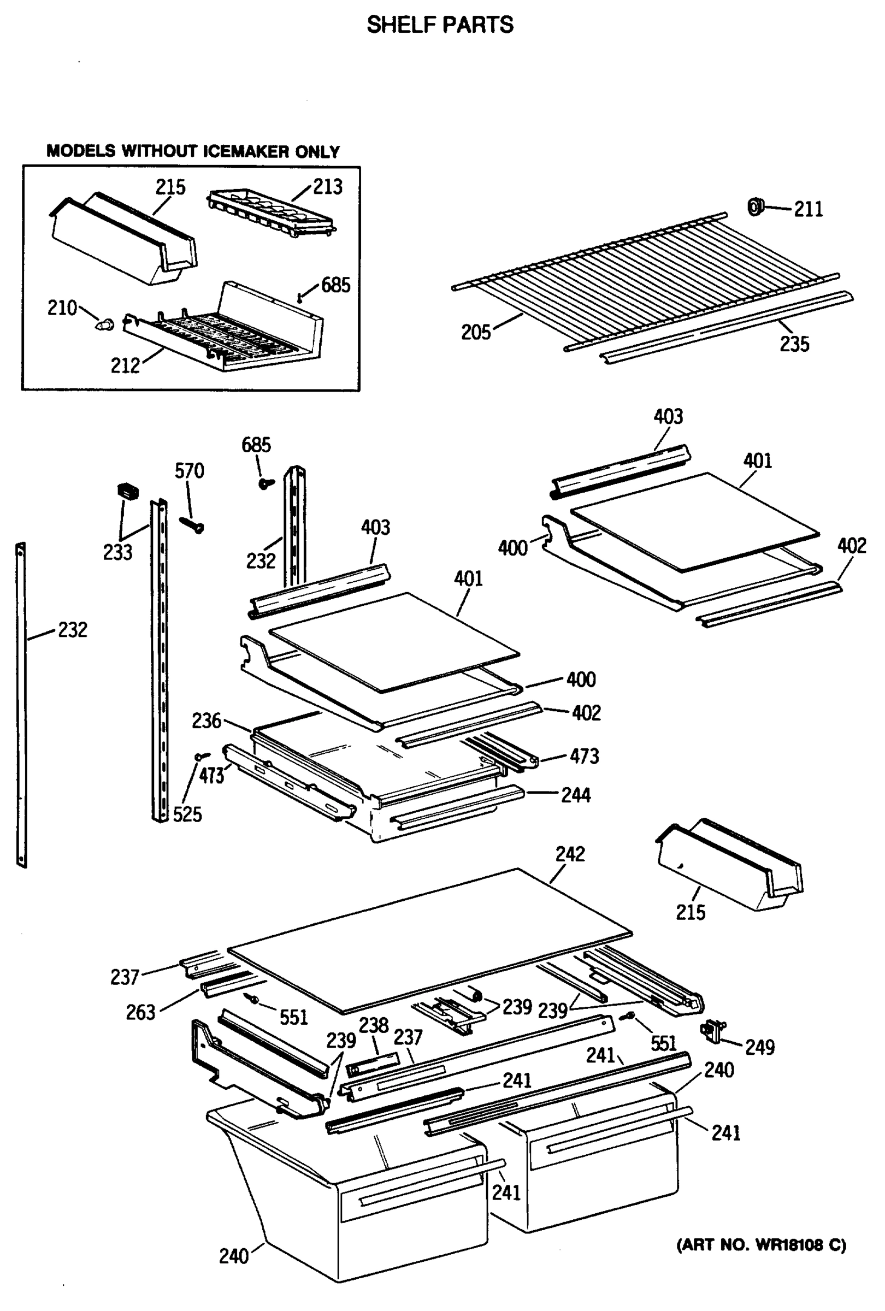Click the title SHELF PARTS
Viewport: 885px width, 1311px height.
coord(440,25)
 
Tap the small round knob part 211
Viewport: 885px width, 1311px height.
coord(754,207)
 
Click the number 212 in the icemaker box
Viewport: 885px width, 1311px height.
coord(125,365)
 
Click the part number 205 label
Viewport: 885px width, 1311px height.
coord(475,332)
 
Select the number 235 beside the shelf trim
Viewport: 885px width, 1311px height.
coord(794,344)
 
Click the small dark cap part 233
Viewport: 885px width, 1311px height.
coord(127,490)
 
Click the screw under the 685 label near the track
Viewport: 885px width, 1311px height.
coord(265,483)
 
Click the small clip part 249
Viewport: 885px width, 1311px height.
coord(712,1031)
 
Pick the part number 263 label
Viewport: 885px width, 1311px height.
coord(140,1013)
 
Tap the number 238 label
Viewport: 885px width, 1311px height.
coord(374,1024)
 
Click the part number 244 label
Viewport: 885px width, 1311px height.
coord(575,795)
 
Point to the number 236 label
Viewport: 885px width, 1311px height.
coord(206,721)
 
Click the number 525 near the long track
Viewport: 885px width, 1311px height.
coord(187,814)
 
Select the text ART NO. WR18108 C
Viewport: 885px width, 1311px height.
coord(761,1245)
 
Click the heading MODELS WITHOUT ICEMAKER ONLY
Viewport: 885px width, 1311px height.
coord(193,151)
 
